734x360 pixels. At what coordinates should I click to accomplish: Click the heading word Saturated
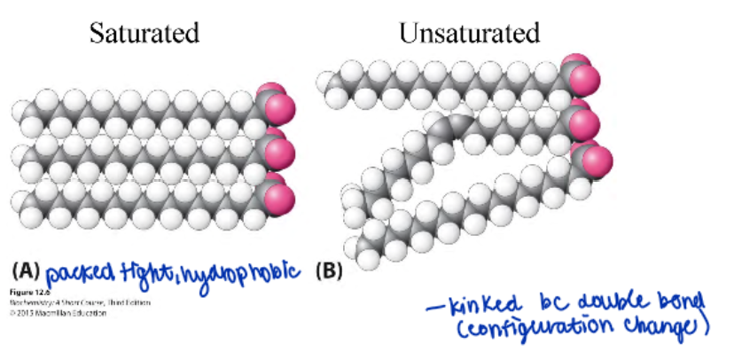pyautogui.click(x=143, y=34)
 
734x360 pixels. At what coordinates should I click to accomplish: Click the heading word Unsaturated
pyautogui.click(x=469, y=34)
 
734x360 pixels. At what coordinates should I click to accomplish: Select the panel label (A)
pyautogui.click(x=26, y=270)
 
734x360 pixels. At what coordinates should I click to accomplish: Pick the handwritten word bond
pyautogui.click(x=682, y=303)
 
